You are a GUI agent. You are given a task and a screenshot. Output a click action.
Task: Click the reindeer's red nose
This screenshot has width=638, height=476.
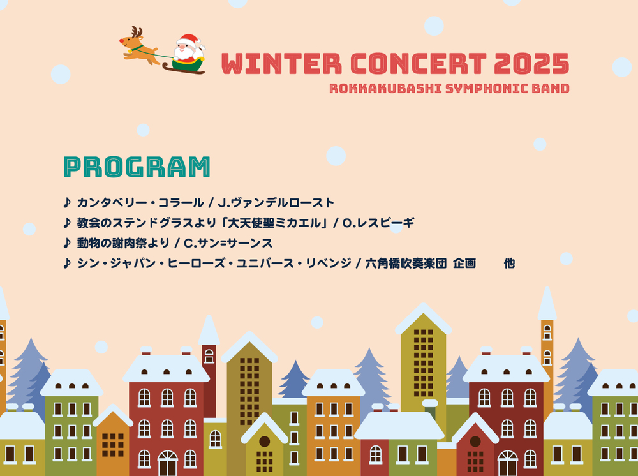coord(121,41)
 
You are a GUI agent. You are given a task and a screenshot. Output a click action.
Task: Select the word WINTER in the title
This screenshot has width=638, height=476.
coord(281,64)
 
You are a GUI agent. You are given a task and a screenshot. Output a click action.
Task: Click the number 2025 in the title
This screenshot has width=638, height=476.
coord(532,64)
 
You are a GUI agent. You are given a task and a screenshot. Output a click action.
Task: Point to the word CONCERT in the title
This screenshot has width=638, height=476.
coord(418,64)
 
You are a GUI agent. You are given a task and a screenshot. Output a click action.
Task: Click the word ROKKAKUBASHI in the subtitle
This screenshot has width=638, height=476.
coord(385,88)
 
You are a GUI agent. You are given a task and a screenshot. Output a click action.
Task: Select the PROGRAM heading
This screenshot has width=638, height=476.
coord(137,167)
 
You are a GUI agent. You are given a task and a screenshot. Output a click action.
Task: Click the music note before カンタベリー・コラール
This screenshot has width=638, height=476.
coord(67,202)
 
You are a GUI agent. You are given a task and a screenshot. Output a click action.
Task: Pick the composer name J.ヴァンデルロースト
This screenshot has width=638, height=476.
coord(276,203)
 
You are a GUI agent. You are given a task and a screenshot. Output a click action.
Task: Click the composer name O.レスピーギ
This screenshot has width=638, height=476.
coord(378,223)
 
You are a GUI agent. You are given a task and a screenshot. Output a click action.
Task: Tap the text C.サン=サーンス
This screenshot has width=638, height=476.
coord(228,243)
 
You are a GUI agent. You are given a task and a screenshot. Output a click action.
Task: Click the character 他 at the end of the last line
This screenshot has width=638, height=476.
coord(509,264)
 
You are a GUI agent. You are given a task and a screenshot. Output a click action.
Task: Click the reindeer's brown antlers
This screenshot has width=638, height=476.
coord(137,32)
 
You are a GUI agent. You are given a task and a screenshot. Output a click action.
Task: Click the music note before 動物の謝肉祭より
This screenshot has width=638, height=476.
coord(67,243)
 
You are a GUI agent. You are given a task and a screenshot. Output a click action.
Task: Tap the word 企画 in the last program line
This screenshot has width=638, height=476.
coord(464,264)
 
